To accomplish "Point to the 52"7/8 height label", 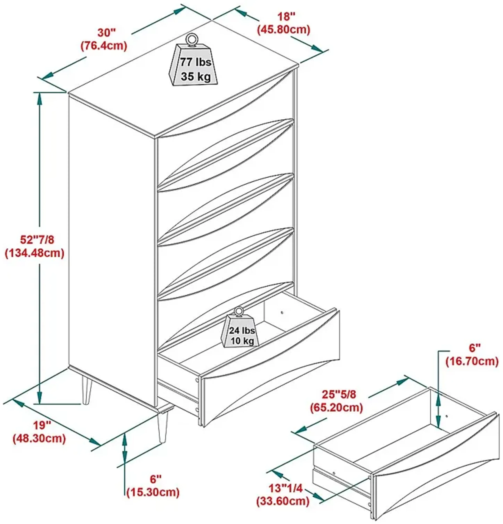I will pyautogui.click(x=37, y=240).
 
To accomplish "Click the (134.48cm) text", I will pyautogui.click(x=35, y=253).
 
